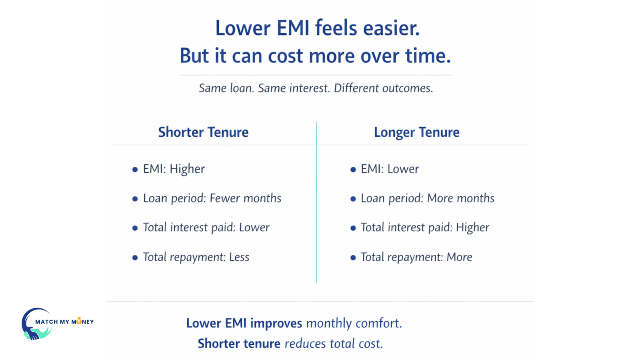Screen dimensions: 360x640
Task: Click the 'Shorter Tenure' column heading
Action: click(x=203, y=132)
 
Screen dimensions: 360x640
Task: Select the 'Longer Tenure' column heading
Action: click(x=416, y=132)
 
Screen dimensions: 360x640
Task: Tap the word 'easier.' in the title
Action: click(x=391, y=28)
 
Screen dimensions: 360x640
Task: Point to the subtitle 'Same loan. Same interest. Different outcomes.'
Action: click(x=316, y=88)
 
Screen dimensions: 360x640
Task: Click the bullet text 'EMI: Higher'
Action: click(x=174, y=169)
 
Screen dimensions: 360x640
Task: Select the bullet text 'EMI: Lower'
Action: click(x=390, y=169)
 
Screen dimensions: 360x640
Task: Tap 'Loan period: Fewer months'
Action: click(x=212, y=198)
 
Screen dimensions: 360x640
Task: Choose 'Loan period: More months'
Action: click(x=427, y=198)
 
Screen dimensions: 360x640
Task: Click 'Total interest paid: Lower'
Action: click(x=206, y=228)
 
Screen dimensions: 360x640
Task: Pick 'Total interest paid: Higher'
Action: click(x=425, y=228)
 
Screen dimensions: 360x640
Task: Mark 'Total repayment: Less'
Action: click(x=196, y=257)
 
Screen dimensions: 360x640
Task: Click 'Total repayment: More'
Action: click(x=416, y=257)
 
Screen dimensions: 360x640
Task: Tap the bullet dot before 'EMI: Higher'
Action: click(x=135, y=170)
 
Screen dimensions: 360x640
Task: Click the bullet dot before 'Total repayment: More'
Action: click(x=353, y=258)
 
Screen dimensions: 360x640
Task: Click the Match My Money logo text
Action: click(x=64, y=322)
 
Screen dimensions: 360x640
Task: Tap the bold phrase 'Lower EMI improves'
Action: click(x=244, y=323)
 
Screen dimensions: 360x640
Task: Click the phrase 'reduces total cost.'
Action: click(x=334, y=344)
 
